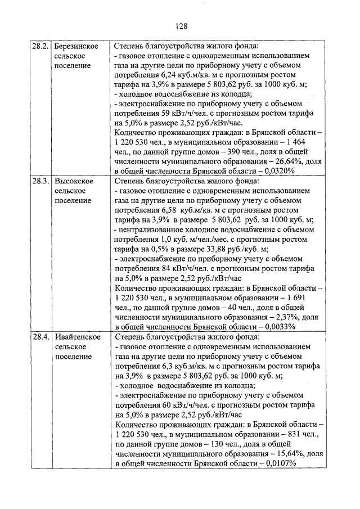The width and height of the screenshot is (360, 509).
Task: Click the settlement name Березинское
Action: (x=78, y=46)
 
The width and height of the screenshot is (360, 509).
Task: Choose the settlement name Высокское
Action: (x=75, y=182)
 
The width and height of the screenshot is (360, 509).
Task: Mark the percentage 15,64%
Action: (x=289, y=454)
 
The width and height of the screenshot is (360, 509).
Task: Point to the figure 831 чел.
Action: (x=301, y=434)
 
